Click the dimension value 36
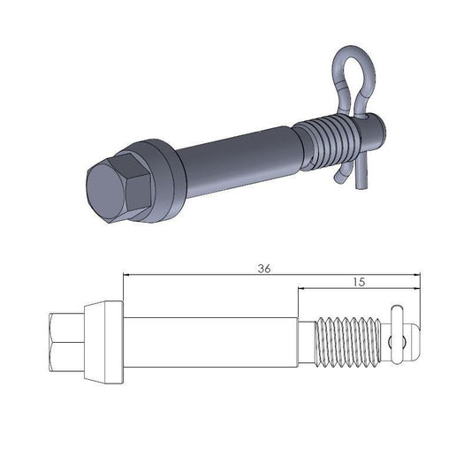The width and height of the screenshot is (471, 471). click(x=263, y=269)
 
